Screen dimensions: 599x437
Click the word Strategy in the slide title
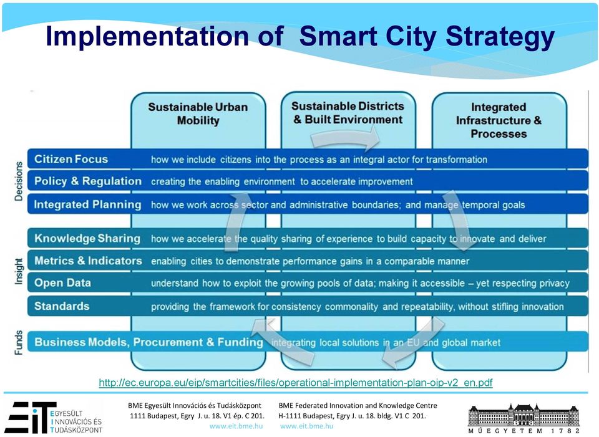[500, 37]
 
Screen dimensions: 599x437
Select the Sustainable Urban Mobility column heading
[198, 113]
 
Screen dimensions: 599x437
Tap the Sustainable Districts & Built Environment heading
[348, 113]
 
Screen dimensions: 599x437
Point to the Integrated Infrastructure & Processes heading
[499, 120]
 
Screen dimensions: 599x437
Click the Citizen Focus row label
[71, 159]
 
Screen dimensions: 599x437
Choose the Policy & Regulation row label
[88, 181]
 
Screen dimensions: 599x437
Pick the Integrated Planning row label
[87, 204]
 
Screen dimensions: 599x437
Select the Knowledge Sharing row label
[87, 239]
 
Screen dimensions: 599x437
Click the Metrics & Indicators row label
[88, 261]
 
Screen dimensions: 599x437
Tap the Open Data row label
[62, 283]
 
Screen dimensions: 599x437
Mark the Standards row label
[62, 306]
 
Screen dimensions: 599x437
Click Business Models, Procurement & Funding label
[149, 342]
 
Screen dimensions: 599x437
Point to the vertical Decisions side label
[19, 181]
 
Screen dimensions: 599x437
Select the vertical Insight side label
[19, 271]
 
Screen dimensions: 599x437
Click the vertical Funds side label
[19, 342]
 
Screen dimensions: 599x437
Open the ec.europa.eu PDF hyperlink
[296, 382]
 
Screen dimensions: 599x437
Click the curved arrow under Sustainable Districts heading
[345, 138]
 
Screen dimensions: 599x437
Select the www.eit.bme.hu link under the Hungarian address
[236, 426]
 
